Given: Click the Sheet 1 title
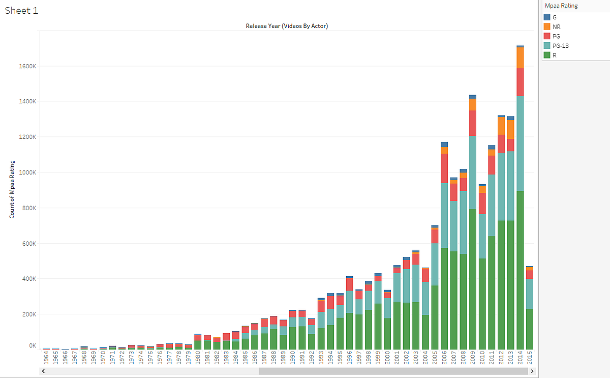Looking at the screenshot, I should pos(21,11).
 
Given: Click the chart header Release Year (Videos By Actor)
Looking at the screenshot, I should pos(287,26).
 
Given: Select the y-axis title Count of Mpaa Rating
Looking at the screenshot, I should pos(11,189).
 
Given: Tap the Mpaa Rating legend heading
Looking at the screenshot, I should pos(561,6).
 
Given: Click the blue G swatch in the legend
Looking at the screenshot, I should pos(547,17).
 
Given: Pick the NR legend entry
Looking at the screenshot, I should pos(556,26).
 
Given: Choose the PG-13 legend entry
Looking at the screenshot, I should pos(560,46).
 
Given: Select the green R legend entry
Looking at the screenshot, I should pos(554,55).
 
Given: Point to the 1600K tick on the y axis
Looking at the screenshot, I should pos(28,66).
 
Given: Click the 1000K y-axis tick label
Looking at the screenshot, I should pos(28,172).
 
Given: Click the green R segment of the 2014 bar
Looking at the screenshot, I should pos(520,270).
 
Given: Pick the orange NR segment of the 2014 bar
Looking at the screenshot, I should pos(520,58).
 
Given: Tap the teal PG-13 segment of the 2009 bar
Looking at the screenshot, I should pos(473,172).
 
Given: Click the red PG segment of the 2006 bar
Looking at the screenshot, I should pos(444,168).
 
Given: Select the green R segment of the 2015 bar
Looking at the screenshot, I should pos(530,329).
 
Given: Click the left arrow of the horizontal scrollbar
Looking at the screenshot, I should pos(43,371).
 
